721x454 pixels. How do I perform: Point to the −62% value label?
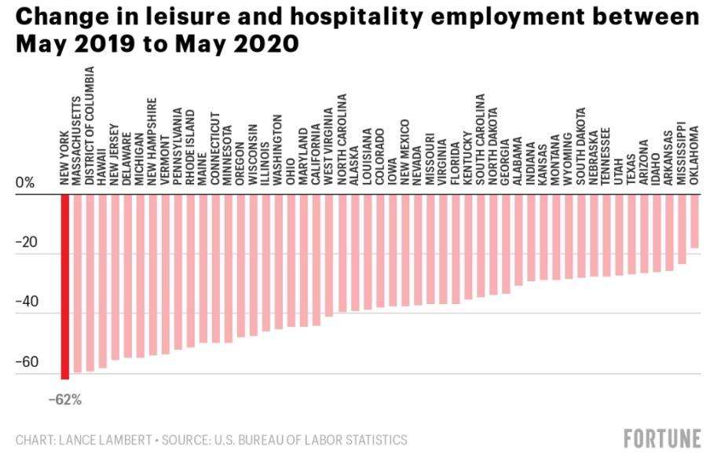(x=65, y=400)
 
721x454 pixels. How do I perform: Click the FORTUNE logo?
(x=662, y=438)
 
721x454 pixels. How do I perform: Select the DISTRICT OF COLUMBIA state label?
(x=90, y=126)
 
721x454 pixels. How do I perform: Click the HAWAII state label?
(x=103, y=164)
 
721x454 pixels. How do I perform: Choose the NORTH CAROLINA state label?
(x=342, y=140)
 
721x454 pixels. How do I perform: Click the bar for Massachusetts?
(x=78, y=284)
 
